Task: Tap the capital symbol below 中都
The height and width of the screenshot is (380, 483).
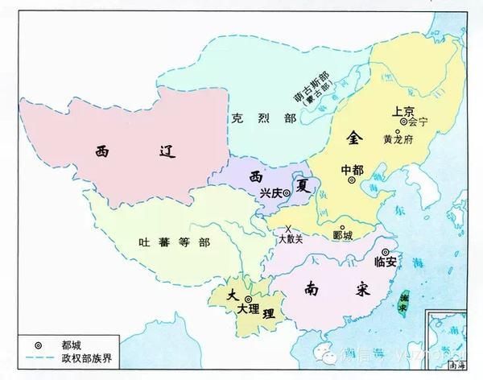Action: [x=352, y=181]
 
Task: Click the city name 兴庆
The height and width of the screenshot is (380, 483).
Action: [x=272, y=193]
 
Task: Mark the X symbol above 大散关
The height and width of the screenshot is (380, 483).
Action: [x=287, y=229]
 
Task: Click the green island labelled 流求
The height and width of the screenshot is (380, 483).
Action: [x=403, y=299]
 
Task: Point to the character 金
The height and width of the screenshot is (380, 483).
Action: [x=352, y=138]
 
